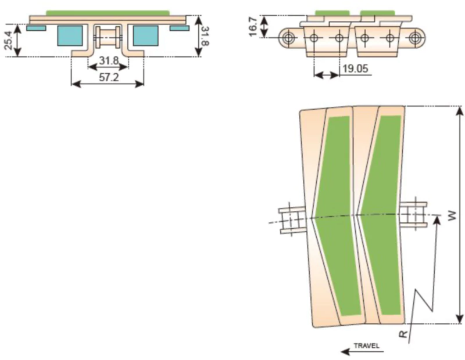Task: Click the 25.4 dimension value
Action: click(x=9, y=40)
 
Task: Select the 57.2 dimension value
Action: click(x=109, y=78)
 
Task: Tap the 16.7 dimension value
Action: click(x=253, y=27)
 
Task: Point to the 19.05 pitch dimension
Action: click(x=355, y=69)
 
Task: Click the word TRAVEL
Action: click(x=367, y=346)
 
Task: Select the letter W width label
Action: click(x=452, y=215)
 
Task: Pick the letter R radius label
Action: click(x=403, y=334)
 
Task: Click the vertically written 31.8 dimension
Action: click(x=205, y=36)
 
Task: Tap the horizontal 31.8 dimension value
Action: click(x=109, y=61)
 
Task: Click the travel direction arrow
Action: click(x=362, y=352)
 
